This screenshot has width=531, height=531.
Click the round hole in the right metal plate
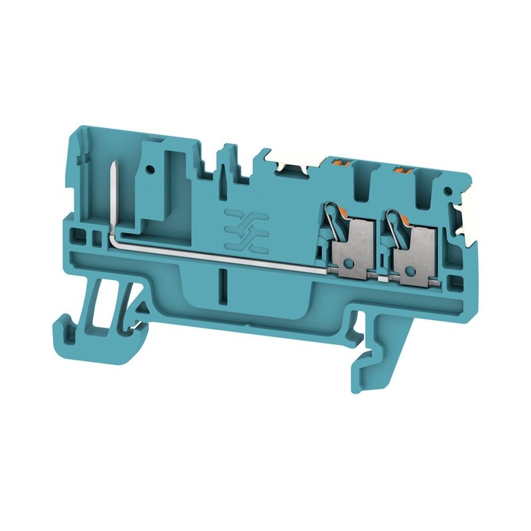(x=409, y=271)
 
